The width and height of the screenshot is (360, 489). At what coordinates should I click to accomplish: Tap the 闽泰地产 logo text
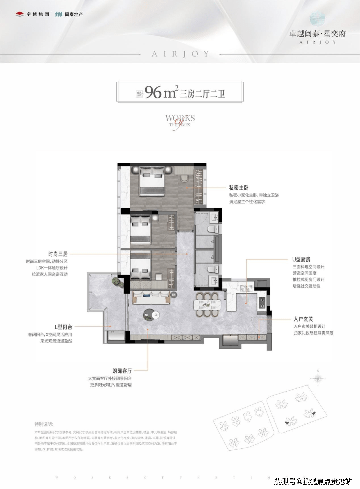point(69,14)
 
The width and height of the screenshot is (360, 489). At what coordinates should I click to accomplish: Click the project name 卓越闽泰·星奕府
point(317,33)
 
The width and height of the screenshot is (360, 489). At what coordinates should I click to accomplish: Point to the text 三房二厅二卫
point(203,94)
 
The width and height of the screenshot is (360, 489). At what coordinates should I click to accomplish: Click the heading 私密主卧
point(239,188)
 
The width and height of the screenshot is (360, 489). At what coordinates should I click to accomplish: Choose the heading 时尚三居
point(58,254)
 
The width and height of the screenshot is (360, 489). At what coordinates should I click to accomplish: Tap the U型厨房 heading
point(301,259)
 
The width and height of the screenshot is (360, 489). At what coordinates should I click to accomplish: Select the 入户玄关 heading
point(303,319)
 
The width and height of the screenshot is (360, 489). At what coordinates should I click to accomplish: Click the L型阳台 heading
point(63,327)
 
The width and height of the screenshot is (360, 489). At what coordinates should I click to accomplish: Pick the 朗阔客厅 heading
point(122,371)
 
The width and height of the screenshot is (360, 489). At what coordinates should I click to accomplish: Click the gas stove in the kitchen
point(262,302)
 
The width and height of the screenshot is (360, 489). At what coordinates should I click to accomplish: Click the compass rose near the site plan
point(318,378)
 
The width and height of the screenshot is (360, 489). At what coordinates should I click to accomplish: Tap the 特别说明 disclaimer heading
point(44,424)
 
